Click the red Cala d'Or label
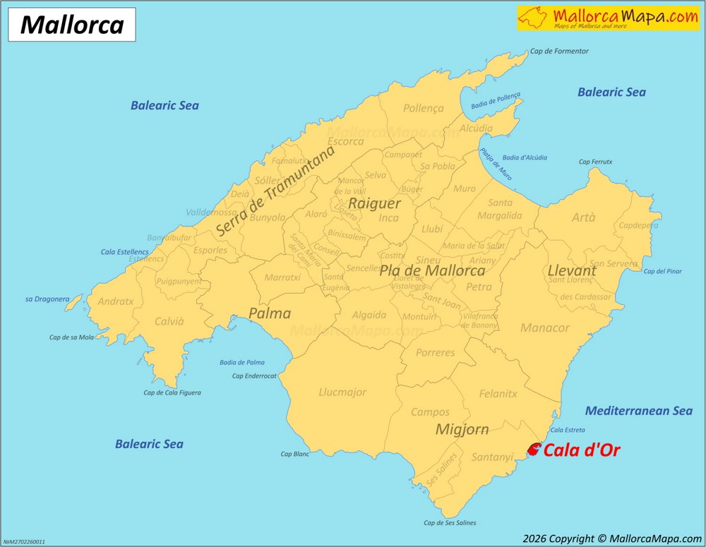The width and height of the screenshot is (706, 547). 582,450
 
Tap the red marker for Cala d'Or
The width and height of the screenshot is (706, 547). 534,449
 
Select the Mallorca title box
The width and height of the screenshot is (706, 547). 72,25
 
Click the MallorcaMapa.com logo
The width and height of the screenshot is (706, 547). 608,18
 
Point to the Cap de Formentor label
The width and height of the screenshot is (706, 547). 559,52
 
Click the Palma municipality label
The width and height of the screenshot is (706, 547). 270,313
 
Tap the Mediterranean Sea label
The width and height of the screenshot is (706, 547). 639,411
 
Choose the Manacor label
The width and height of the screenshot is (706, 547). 544,328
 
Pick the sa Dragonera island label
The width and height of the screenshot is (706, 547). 47,299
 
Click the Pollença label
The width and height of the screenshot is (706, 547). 423,109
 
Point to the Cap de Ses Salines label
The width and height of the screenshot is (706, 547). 450,523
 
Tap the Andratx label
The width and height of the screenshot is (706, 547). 115,301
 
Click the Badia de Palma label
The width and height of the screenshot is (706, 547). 241,362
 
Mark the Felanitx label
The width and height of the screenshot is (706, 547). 498,394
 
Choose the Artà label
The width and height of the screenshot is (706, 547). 583,217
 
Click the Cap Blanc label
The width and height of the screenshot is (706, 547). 295,455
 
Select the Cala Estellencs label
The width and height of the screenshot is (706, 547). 125,251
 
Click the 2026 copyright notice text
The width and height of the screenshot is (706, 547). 611,538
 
